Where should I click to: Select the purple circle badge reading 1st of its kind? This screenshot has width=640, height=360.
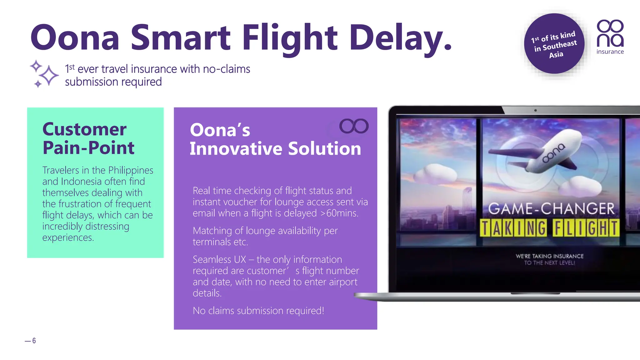pos(554,44)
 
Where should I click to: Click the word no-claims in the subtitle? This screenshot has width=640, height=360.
pos(227,69)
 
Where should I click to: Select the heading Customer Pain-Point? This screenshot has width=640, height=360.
pos(88,138)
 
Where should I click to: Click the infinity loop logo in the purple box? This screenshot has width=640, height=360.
pos(354,126)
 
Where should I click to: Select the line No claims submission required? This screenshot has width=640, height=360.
pos(258,311)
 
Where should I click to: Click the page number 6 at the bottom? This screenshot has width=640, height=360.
pos(34,341)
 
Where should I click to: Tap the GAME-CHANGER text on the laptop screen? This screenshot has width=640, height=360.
pos(551,209)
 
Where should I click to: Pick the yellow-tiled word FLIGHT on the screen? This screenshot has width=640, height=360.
pos(586,228)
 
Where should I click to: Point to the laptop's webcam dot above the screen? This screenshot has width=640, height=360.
pos(535,110)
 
